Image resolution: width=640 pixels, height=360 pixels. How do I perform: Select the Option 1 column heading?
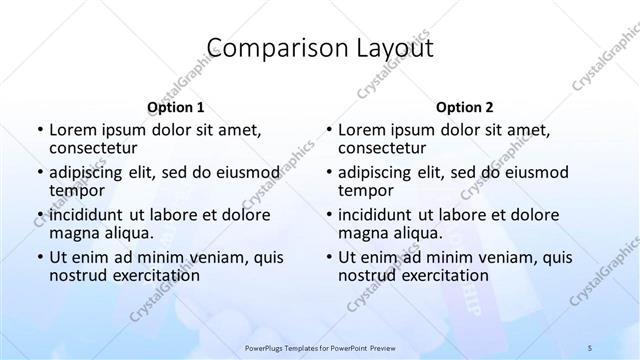point(175,107)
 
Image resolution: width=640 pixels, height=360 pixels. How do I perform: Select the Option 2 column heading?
point(464,107)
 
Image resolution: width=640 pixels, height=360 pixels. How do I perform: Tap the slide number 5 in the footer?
point(590,346)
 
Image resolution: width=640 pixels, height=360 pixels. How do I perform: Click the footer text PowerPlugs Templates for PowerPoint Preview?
point(319,346)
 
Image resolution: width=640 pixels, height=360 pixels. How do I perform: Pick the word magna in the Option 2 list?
point(365,233)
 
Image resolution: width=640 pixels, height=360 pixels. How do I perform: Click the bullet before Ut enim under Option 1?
point(39,257)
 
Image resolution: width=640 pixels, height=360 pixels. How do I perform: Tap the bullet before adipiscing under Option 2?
point(329,171)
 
